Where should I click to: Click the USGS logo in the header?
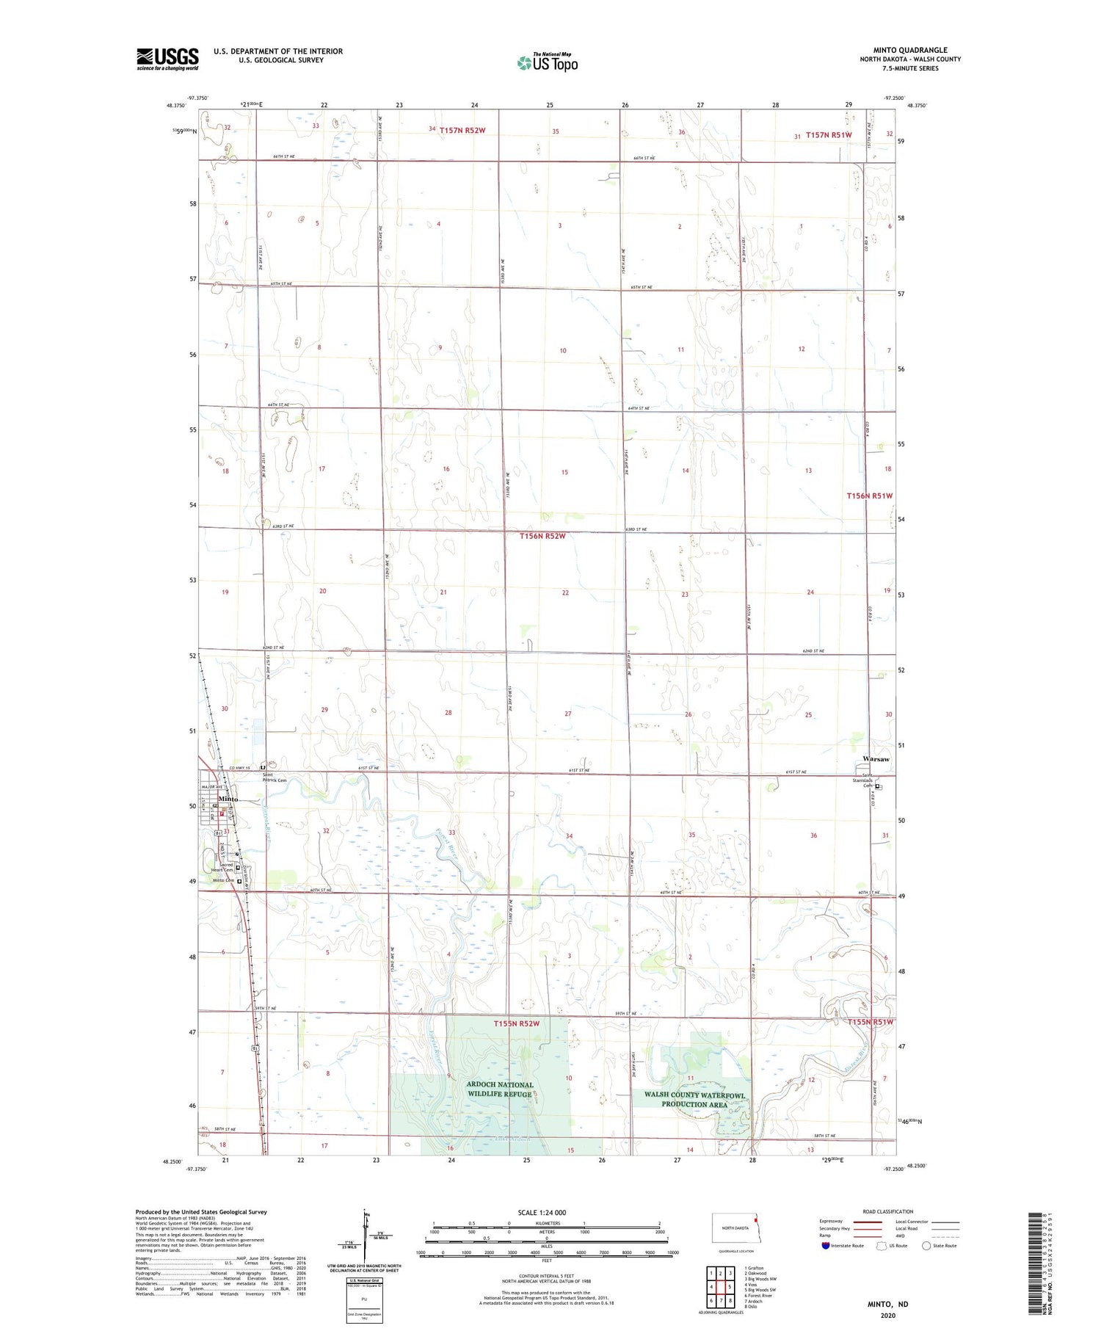click(x=167, y=59)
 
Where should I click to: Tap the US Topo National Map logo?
click(x=547, y=62)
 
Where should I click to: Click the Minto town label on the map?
click(x=228, y=799)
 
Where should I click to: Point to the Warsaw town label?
click(x=876, y=758)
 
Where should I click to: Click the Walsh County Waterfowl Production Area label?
click(x=694, y=1099)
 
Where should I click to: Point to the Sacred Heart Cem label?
click(x=222, y=867)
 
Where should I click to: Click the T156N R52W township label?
click(x=542, y=536)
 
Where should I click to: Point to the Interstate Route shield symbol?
click(x=826, y=1245)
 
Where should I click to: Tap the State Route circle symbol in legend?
click(x=926, y=1245)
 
